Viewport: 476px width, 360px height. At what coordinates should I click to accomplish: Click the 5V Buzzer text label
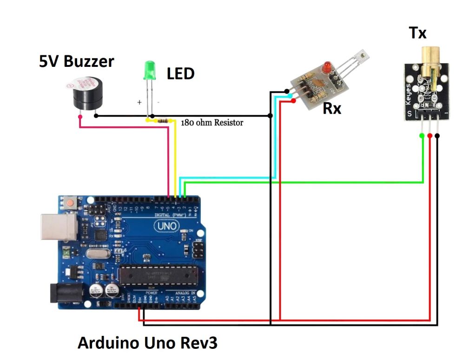click(x=76, y=61)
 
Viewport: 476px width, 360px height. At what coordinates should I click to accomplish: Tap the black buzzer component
click(x=85, y=95)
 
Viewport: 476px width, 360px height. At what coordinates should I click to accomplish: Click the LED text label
click(x=180, y=73)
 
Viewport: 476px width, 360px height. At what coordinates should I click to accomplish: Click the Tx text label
click(x=417, y=33)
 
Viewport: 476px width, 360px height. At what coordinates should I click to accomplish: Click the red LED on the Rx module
click(x=328, y=67)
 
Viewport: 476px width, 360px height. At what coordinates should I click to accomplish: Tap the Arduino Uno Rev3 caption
click(x=147, y=343)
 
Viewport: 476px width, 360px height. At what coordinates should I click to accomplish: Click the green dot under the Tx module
click(x=422, y=135)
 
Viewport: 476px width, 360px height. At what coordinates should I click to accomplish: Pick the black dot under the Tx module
click(x=437, y=136)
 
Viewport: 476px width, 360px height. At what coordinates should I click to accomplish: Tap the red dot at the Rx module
click(x=293, y=99)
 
